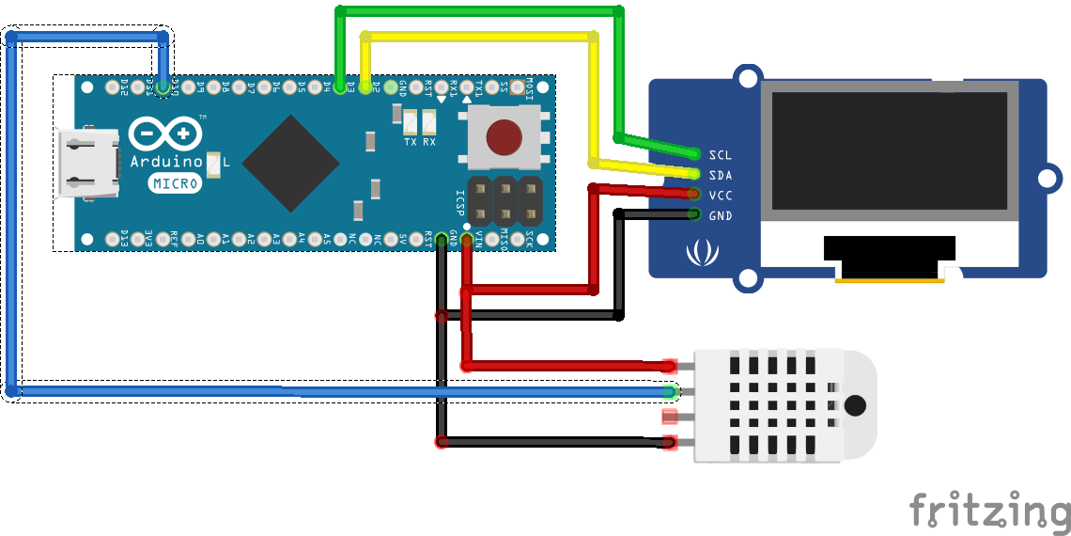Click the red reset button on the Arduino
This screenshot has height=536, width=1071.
click(504, 137)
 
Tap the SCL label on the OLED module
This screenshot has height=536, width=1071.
click(721, 154)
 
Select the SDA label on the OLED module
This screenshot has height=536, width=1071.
click(721, 175)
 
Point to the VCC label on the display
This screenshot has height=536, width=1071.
click(721, 196)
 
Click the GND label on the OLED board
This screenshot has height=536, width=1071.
click(721, 216)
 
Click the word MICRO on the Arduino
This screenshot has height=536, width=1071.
click(175, 184)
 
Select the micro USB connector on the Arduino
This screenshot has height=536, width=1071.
click(88, 164)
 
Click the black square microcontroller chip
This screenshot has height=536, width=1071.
click(290, 164)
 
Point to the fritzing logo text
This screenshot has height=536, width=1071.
click(989, 511)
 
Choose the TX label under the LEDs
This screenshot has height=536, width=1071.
click(411, 142)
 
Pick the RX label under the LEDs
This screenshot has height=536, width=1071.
click(429, 142)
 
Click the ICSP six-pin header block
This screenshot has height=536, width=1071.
click(504, 200)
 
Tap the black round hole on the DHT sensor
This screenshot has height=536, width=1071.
click(855, 405)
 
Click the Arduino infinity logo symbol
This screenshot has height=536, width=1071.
click(165, 134)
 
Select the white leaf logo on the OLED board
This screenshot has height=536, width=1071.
click(700, 252)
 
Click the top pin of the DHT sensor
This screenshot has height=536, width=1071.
click(669, 366)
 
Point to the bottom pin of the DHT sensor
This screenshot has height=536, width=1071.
click(669, 442)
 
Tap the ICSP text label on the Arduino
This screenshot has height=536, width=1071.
click(459, 201)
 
